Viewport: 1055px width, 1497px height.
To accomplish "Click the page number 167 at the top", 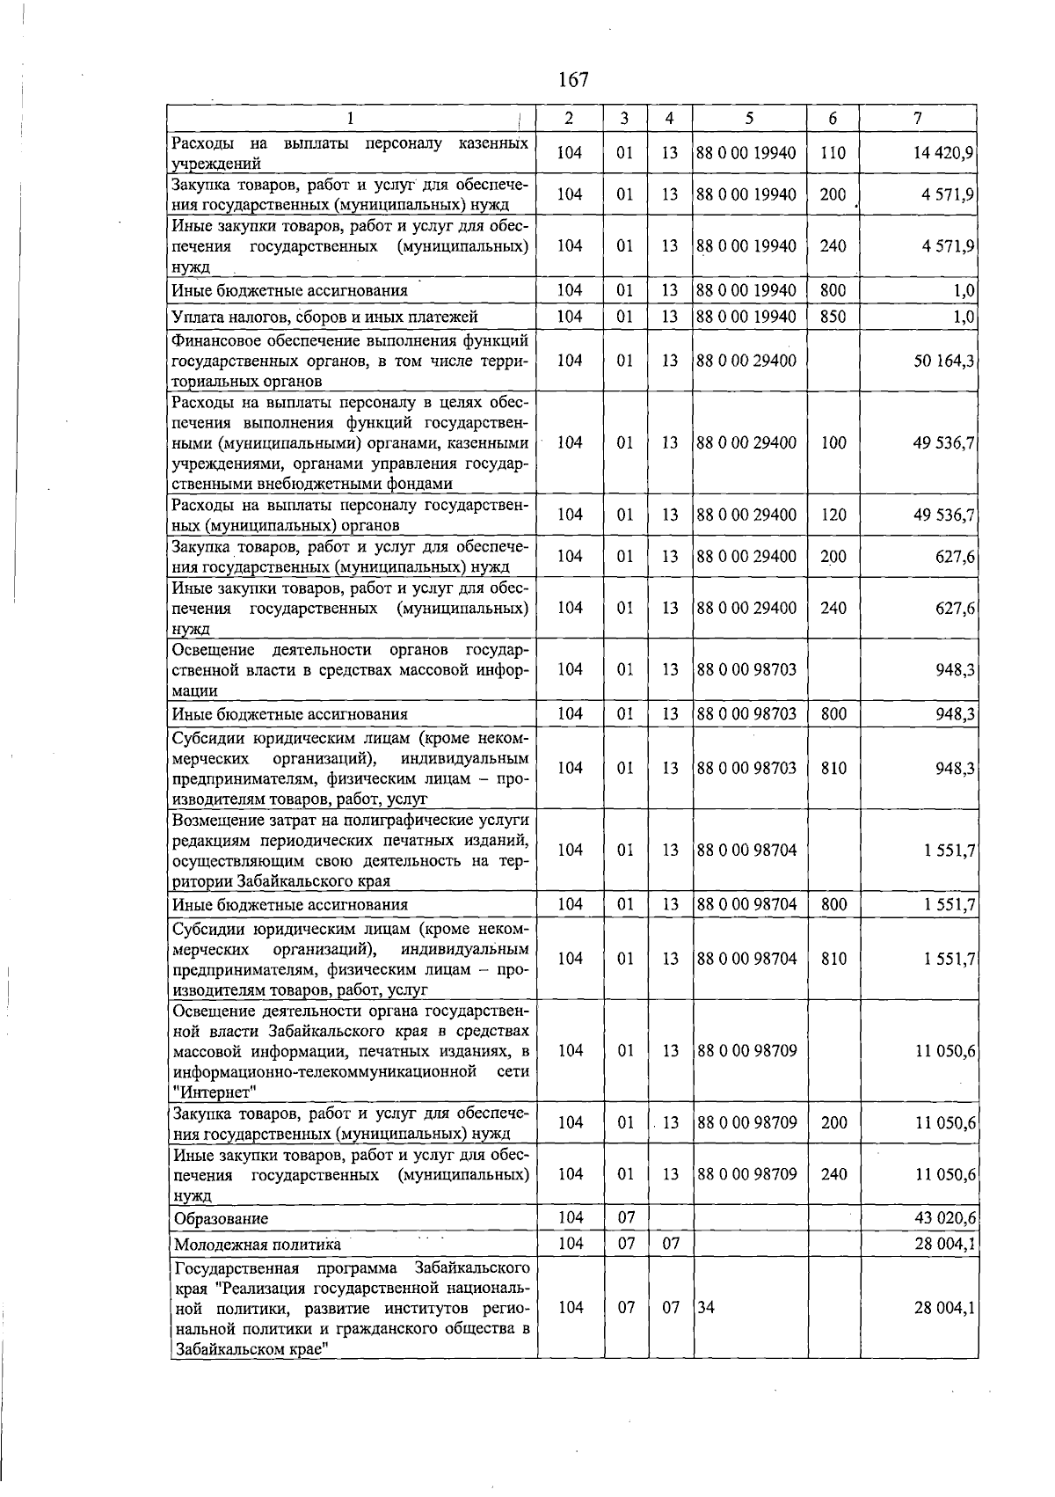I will pyautogui.click(x=572, y=80).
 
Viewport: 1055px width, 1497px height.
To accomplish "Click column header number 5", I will pyautogui.click(x=749, y=119).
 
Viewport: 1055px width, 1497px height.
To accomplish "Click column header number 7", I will pyautogui.click(x=918, y=119).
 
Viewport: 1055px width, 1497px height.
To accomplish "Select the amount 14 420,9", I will pyautogui.click(x=943, y=153).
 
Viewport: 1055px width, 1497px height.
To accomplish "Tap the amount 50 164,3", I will pyautogui.click(x=943, y=361).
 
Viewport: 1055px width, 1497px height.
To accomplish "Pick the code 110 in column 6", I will pyautogui.click(x=832, y=153).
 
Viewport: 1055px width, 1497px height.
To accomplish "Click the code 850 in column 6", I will pyautogui.click(x=832, y=317).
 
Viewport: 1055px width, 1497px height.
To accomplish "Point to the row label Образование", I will pyautogui.click(x=221, y=1219).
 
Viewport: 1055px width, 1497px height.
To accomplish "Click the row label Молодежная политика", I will pyautogui.click(x=257, y=1245).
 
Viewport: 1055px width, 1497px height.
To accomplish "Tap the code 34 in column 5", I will pyautogui.click(x=705, y=1308).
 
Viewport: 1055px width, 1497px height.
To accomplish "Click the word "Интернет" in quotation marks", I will pyautogui.click(x=215, y=1092).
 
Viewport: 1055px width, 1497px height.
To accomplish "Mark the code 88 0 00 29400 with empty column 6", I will pyautogui.click(x=746, y=361).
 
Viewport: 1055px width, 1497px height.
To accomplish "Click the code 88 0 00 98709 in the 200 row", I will pyautogui.click(x=746, y=1123).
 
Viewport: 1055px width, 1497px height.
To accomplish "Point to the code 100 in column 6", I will pyautogui.click(x=833, y=443).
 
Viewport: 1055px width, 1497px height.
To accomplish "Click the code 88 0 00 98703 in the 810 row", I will pyautogui.click(x=746, y=769).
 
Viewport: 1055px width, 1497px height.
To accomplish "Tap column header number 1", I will pyautogui.click(x=351, y=119).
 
